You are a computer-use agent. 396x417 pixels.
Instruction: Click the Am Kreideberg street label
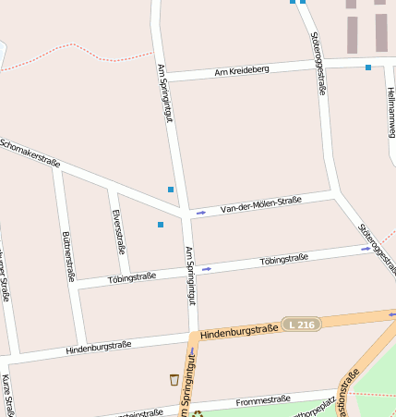[x=242, y=70]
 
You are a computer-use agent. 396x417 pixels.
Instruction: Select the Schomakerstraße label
[x=30, y=153]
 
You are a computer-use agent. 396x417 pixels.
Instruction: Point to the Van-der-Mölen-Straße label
[x=261, y=204]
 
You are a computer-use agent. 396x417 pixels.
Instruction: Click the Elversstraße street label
[x=118, y=231]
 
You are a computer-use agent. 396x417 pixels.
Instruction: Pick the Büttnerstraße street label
[x=67, y=255]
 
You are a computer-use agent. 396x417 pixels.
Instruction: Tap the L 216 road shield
[x=301, y=325]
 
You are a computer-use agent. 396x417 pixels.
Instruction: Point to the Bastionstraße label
[x=347, y=392]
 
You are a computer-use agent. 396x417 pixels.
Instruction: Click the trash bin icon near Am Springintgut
[x=174, y=379]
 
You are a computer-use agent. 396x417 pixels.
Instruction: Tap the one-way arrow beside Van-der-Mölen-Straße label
[x=201, y=214]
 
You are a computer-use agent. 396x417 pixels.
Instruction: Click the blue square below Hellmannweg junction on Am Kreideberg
[x=368, y=67]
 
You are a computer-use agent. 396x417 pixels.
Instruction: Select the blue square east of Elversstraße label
[x=161, y=225]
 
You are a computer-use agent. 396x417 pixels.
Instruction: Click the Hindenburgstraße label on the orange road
[x=239, y=329]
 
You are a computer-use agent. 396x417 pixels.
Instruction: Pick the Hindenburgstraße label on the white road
[x=99, y=348]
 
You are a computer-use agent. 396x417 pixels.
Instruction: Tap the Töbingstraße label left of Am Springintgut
[x=131, y=276]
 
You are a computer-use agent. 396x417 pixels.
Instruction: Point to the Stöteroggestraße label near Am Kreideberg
[x=318, y=63]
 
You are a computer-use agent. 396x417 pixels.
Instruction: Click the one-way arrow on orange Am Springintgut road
[x=192, y=351]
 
